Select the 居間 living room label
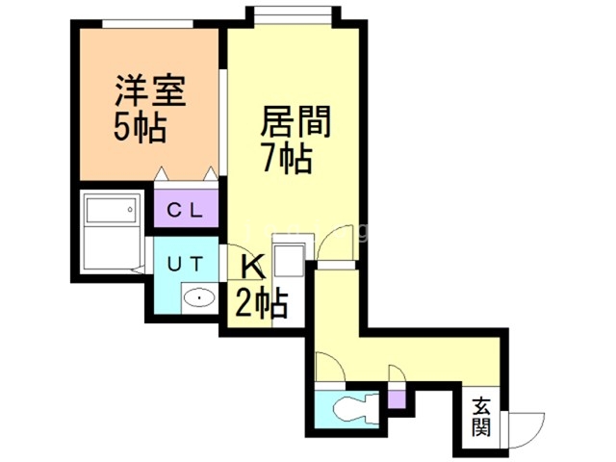point(295,124)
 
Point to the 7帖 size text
point(288,158)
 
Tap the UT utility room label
point(186,261)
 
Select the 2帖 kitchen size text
point(261,304)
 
